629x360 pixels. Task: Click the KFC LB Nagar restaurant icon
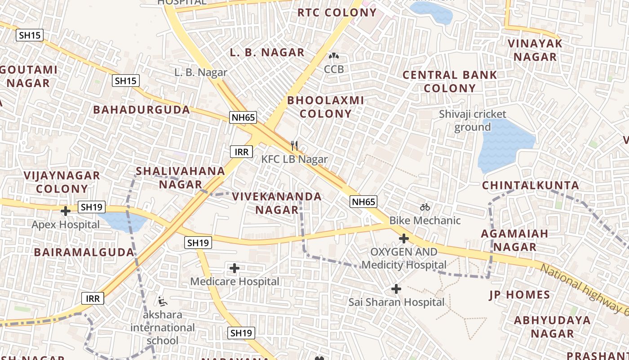point(294,145)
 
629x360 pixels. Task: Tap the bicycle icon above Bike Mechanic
point(425,207)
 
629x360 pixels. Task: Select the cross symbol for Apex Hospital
point(66,210)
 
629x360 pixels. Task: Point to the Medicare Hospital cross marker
point(234,268)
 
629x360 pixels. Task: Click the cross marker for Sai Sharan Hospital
point(396,288)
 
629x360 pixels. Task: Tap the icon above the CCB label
point(333,56)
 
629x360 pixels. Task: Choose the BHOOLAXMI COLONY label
point(325,107)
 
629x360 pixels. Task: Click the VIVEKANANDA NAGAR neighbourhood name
point(277,203)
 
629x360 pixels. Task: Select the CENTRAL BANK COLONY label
point(450,81)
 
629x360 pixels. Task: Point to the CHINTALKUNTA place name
point(530,185)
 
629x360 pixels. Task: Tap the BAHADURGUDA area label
point(142,110)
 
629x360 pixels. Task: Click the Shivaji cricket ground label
point(473,121)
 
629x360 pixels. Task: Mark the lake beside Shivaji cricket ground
point(505,144)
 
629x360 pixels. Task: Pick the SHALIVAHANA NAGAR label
point(180,177)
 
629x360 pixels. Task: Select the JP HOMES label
point(519,295)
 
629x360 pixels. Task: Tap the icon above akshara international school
point(163,301)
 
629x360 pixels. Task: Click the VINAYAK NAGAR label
point(535,50)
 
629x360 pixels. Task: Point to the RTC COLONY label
point(337,13)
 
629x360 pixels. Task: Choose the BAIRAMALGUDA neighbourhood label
point(84,252)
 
